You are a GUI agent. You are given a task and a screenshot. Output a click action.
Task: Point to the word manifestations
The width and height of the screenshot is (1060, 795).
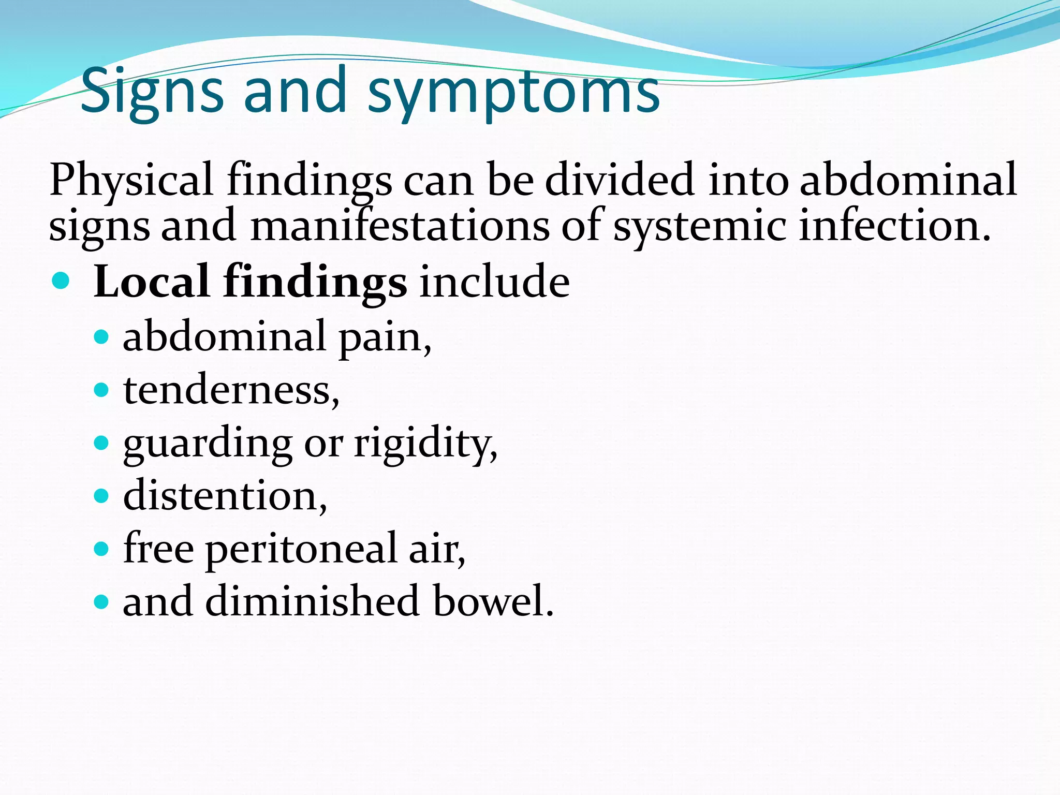[x=400, y=226]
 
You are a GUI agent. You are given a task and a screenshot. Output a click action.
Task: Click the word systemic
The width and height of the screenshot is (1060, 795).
[x=699, y=226]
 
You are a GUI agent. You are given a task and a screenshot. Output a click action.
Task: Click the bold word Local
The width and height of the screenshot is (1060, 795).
[x=152, y=282]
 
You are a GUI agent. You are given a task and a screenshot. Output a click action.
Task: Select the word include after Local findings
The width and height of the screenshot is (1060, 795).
[x=494, y=282]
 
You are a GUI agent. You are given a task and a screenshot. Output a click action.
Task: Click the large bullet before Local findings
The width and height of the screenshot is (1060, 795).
[x=61, y=281]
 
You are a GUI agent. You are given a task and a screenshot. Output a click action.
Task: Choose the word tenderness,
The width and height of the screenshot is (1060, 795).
[x=231, y=390]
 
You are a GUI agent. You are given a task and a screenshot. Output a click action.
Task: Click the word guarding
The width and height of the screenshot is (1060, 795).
[x=208, y=445]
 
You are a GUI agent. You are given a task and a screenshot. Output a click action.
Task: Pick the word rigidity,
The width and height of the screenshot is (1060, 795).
[x=425, y=445]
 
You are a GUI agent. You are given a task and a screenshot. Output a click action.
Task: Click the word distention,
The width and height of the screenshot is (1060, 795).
[x=225, y=496]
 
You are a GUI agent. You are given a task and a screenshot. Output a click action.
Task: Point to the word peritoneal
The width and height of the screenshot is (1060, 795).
[x=301, y=549]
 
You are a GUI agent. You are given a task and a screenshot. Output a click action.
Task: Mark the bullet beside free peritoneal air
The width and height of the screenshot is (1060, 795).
[x=101, y=549]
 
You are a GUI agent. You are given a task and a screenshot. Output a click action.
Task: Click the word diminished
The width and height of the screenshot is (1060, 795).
[x=312, y=601]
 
